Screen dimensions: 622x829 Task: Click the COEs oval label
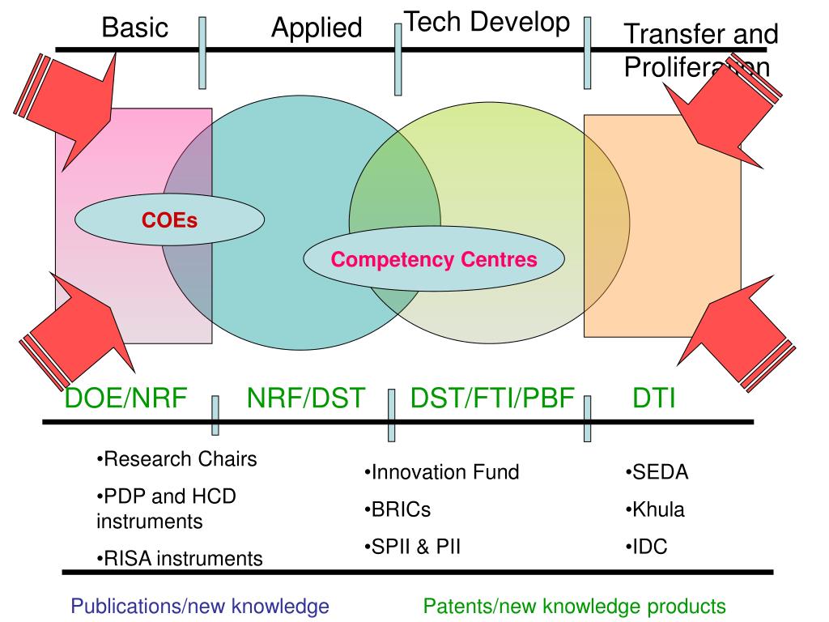170,219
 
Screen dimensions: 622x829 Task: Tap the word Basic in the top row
135,28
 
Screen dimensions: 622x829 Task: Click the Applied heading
317,28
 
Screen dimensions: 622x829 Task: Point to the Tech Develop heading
487,22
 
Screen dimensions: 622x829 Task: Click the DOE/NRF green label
126,398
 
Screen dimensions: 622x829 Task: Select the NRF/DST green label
306,398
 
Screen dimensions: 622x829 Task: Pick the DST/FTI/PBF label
492,398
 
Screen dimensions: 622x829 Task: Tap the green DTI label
654,398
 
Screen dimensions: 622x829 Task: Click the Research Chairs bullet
176,459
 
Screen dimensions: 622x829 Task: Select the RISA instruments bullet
179,558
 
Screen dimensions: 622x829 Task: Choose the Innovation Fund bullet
441,472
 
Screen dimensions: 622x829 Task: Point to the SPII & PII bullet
412,547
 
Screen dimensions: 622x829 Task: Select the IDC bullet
646,547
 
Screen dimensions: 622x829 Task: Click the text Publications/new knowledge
200,606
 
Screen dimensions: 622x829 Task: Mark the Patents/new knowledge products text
575,606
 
